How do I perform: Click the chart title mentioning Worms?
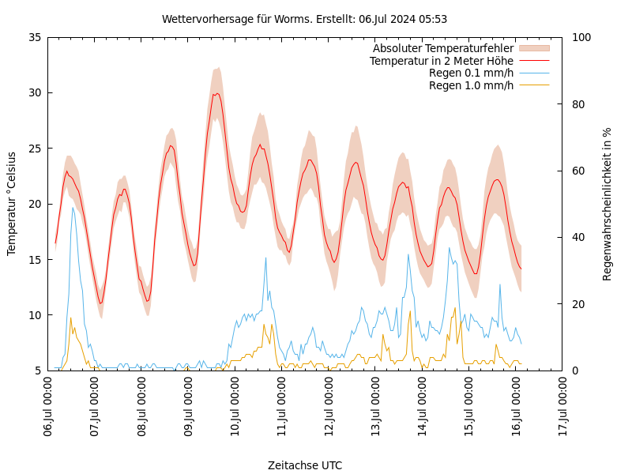(x=304, y=19)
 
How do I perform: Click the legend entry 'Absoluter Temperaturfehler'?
(x=442, y=49)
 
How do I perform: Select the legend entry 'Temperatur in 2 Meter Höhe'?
(x=441, y=61)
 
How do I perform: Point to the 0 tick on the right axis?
(x=574, y=371)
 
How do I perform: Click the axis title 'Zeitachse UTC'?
(x=305, y=465)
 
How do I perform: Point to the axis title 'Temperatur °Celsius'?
(x=12, y=204)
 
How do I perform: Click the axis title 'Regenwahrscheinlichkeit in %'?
(x=608, y=204)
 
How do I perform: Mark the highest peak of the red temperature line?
(x=216, y=93)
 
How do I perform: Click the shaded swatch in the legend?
(x=533, y=49)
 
